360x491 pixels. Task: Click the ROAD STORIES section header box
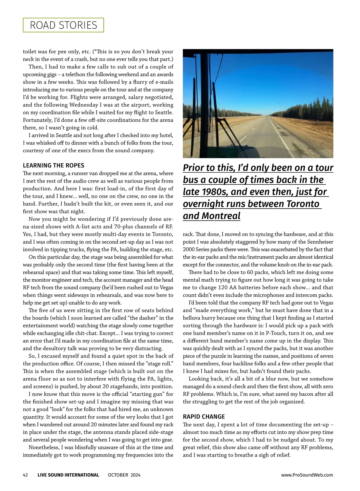pyautogui.click(x=63, y=25)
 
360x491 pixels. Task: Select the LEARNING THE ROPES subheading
pyautogui.click(x=53, y=165)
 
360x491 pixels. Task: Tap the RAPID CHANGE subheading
pyautogui.click(x=204, y=417)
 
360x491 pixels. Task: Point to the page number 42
pyautogui.click(x=25, y=475)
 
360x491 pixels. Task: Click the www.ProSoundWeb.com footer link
pyautogui.click(x=307, y=475)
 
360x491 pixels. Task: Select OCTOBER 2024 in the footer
pyautogui.click(x=124, y=475)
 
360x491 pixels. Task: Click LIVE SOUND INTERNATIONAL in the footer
pyautogui.click(x=68, y=475)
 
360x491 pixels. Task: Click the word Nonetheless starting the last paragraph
pyautogui.click(x=44, y=448)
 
